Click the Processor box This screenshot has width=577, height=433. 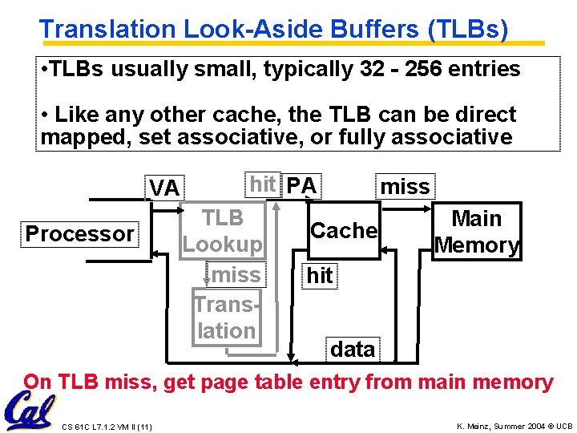tap(80, 234)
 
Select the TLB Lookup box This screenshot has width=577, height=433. tap(223, 231)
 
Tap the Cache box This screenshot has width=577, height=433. tap(344, 231)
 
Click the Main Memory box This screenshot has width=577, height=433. tap(477, 232)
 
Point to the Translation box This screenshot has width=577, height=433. tap(225, 317)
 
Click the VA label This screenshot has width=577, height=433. tap(164, 188)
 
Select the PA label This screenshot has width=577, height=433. tap(301, 186)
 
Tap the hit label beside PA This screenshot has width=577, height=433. tap(263, 184)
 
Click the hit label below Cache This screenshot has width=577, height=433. tap(320, 276)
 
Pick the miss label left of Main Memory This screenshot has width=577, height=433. tap(405, 187)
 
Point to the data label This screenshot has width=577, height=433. tap(353, 350)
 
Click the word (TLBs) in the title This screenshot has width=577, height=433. tap(468, 30)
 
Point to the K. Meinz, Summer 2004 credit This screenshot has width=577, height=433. tap(514, 424)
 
